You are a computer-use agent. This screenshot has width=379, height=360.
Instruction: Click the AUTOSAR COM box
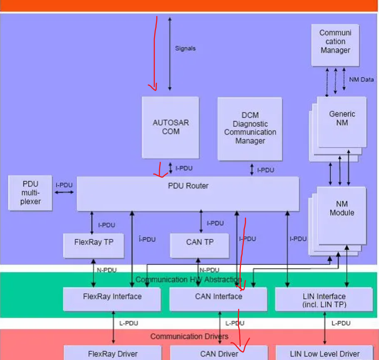pyautogui.click(x=170, y=127)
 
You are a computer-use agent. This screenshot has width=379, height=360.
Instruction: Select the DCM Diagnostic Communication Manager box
pyautogui.click(x=250, y=129)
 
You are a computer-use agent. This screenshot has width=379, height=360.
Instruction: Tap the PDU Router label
pyautogui.click(x=188, y=186)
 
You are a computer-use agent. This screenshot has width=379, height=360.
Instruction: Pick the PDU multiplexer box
pyautogui.click(x=30, y=193)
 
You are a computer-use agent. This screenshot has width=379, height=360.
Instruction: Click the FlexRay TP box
pyautogui.click(x=94, y=245)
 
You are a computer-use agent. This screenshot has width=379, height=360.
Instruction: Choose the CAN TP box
pyautogui.click(x=200, y=245)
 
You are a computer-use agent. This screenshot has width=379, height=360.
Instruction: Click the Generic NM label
pyautogui.click(x=342, y=118)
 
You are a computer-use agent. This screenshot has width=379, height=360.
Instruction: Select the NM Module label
pyautogui.click(x=342, y=208)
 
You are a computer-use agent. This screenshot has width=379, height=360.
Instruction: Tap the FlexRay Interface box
pyautogui.click(x=112, y=299)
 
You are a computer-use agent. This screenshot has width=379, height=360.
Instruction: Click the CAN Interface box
pyautogui.click(x=218, y=299)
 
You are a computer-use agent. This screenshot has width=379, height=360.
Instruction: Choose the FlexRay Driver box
pyautogui.click(x=113, y=354)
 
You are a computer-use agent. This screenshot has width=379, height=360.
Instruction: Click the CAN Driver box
pyautogui.click(x=219, y=354)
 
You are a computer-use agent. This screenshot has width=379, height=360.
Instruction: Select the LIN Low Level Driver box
pyautogui.click(x=324, y=354)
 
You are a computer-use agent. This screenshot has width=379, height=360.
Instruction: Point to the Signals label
pyautogui.click(x=185, y=48)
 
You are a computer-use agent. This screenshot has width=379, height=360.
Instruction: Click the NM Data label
pyautogui.click(x=361, y=80)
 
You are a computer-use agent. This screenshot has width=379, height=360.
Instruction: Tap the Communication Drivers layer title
pyautogui.click(x=189, y=337)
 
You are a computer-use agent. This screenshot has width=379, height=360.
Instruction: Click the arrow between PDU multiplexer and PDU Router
pyautogui.click(x=64, y=192)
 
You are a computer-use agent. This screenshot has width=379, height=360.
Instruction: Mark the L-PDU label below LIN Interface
pyautogui.click(x=341, y=323)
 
